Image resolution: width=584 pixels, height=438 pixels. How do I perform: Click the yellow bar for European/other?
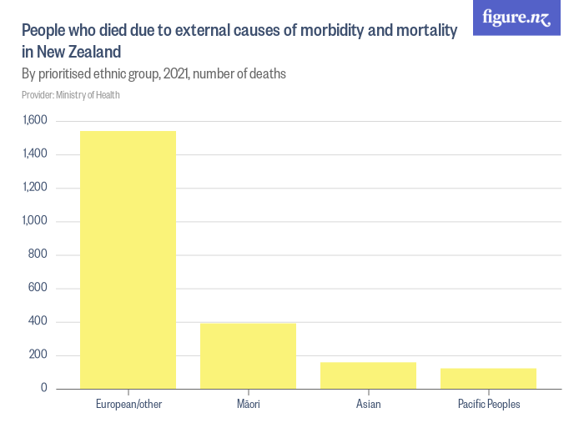[128, 259]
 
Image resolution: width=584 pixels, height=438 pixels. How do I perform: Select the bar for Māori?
[248, 356]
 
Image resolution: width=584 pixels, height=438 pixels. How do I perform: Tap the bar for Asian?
[368, 375]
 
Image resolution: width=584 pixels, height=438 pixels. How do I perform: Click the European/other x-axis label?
[128, 405]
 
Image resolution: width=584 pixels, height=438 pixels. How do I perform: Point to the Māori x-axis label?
[248, 405]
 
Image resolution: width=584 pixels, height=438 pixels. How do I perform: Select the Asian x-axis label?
[368, 405]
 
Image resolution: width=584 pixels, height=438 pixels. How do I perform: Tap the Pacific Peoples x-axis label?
[488, 405]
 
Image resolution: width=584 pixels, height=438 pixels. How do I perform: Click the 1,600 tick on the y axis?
[36, 121]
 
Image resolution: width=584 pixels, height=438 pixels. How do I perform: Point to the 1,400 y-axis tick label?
[36, 154]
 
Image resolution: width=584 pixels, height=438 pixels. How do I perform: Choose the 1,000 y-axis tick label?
[36, 221]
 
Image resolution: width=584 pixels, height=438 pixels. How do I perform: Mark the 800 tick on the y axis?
[39, 254]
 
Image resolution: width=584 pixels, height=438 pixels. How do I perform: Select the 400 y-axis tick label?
[39, 322]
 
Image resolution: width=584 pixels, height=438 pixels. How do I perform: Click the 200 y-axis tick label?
[39, 355]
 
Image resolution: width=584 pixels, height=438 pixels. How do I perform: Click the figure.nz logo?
[516, 18]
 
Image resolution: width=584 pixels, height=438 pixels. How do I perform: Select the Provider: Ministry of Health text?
[71, 95]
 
